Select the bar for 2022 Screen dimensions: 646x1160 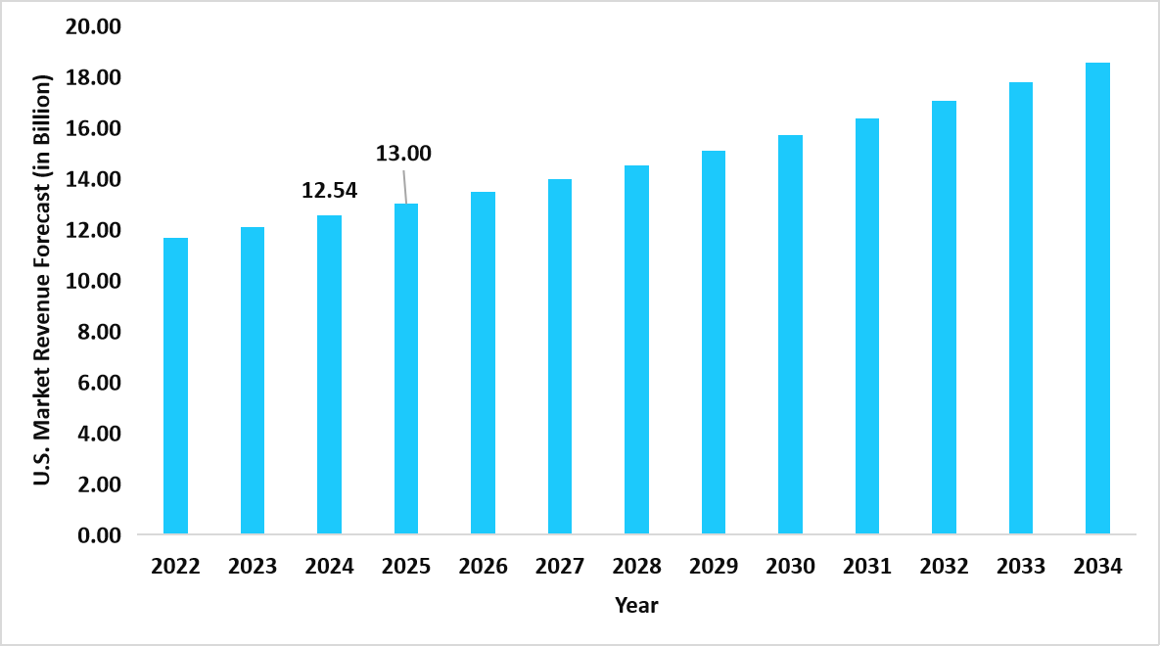175,387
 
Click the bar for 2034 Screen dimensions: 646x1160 1097,299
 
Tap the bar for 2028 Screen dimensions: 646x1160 636,350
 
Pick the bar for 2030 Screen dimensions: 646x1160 790,335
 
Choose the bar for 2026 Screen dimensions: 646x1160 483,363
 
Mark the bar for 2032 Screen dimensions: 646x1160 944,318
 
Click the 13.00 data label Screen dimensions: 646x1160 403,153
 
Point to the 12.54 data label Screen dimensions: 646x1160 329,191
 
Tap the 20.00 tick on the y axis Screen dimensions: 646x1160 92,27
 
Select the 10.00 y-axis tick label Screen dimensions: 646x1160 92,282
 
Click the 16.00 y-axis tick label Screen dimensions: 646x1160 92,129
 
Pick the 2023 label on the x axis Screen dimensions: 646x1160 253,567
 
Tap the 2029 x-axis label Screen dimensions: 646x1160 714,567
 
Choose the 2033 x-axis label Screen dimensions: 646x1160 1021,567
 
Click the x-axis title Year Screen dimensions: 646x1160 636,606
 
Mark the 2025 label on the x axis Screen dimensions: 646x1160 406,567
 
